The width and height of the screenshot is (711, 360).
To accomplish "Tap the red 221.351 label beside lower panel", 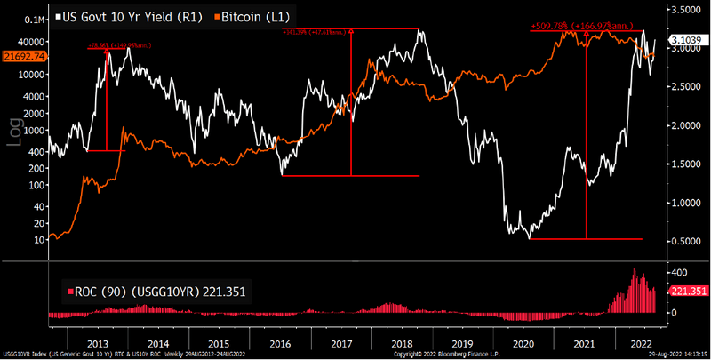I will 687,290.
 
